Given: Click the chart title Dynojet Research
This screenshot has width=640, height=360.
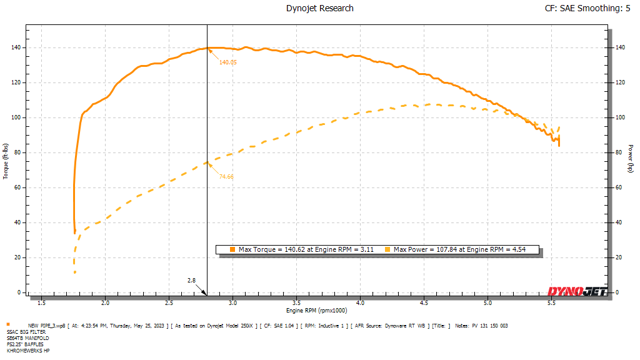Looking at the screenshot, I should click(x=319, y=8).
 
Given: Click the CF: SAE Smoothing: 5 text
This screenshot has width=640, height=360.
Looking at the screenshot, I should click(x=588, y=8).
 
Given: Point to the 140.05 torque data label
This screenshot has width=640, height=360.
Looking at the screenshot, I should click(x=228, y=62).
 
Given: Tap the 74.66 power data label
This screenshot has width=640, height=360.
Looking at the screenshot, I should click(x=226, y=177).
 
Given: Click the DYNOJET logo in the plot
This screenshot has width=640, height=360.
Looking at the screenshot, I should click(x=577, y=291).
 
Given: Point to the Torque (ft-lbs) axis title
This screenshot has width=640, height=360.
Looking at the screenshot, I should click(x=6, y=162).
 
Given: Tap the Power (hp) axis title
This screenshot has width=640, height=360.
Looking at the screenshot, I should click(x=631, y=162).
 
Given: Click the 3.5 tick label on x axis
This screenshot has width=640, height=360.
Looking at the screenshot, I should click(x=297, y=303).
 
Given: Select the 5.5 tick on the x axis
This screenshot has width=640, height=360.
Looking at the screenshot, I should click(x=552, y=303).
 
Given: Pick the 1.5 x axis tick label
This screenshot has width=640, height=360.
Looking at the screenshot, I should click(x=41, y=303).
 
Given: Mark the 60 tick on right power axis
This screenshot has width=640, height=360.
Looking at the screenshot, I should click(x=618, y=187).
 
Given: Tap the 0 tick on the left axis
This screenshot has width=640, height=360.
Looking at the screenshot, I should click(x=19, y=292).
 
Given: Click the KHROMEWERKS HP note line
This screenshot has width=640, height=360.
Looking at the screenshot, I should click(x=28, y=351).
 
